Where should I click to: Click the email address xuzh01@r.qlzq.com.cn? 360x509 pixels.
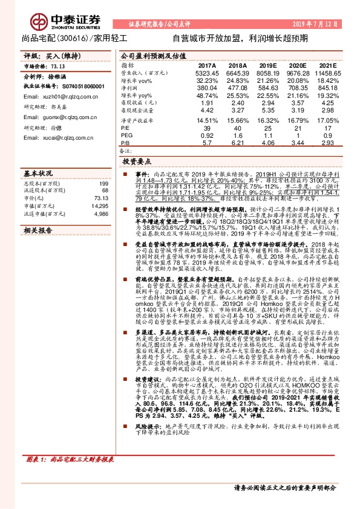[55, 96]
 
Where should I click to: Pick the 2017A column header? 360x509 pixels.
[208, 65]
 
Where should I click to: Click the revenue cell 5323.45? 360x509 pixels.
[207, 73]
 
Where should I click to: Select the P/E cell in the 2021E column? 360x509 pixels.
[327, 129]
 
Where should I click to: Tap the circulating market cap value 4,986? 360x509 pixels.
[101, 214]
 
